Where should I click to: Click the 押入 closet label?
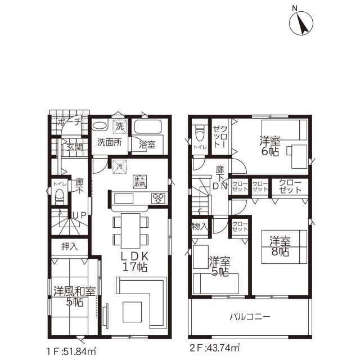pyautogui.click(x=69, y=246)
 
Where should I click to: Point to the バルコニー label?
pyautogui.click(x=250, y=317)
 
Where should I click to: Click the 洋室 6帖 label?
pyautogui.click(x=269, y=146)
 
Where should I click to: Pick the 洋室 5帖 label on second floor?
pyautogui.click(x=219, y=266)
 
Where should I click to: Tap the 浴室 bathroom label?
pyautogui.click(x=147, y=143)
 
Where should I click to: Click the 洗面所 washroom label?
pyautogui.click(x=109, y=142)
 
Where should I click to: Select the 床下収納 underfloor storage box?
pyautogui.click(x=139, y=181)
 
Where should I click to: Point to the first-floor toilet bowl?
pyautogui.click(x=59, y=196)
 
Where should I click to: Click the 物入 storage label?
pyautogui.click(x=199, y=226)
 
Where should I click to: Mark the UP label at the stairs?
pyautogui.click(x=79, y=215)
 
